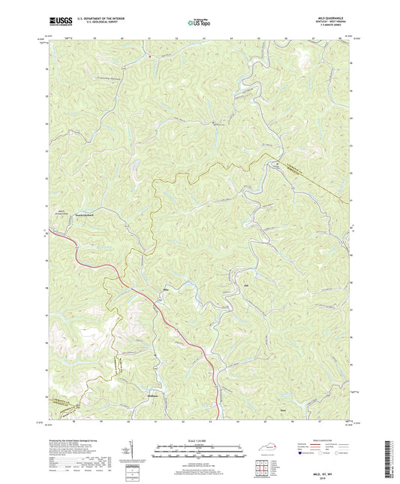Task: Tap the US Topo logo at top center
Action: coord(196,23)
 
